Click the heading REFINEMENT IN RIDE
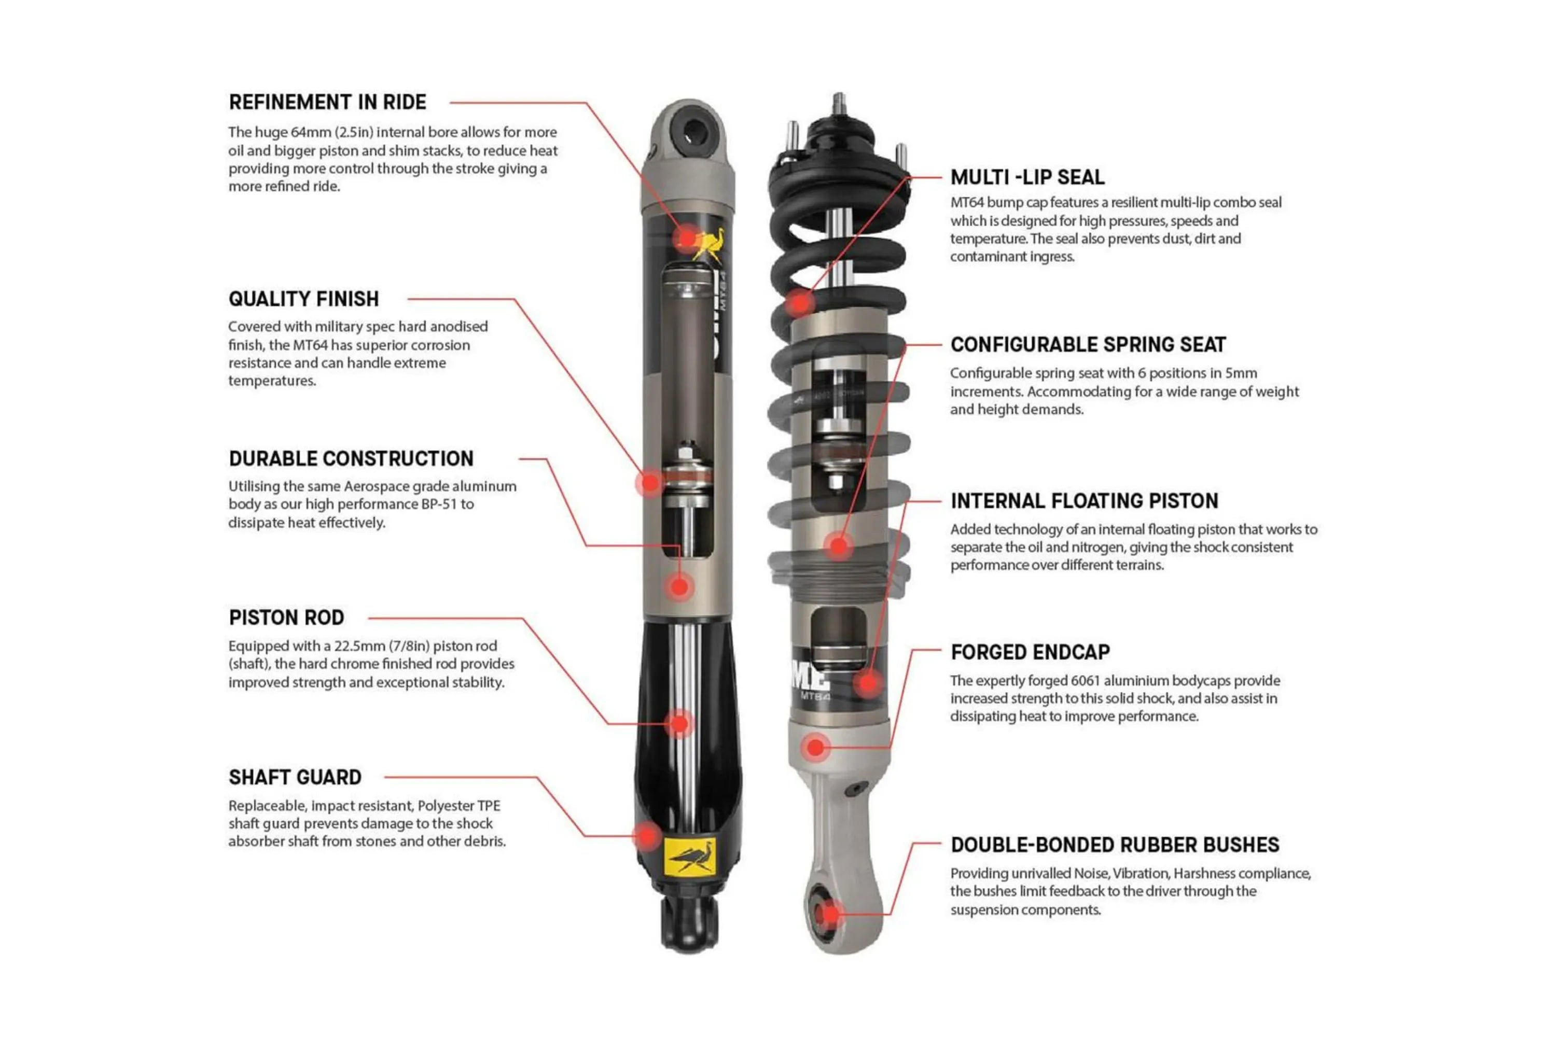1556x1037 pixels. click(327, 103)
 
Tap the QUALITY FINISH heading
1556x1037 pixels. click(303, 299)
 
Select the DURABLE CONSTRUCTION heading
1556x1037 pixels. click(351, 458)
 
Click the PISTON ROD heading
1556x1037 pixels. click(286, 618)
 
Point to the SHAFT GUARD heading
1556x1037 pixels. click(295, 777)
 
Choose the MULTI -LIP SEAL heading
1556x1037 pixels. click(1027, 177)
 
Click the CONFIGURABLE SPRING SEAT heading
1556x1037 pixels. click(1088, 345)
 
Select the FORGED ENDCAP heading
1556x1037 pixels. click(1030, 652)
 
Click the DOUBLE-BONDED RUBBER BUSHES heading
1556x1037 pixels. click(1115, 845)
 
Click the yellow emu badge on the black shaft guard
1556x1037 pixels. click(690, 857)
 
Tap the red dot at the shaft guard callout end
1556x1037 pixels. click(647, 836)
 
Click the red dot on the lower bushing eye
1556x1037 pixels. click(828, 915)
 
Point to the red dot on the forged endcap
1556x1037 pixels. click(816, 747)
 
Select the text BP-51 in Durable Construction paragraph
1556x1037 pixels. click(439, 504)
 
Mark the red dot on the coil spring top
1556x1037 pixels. click(800, 303)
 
